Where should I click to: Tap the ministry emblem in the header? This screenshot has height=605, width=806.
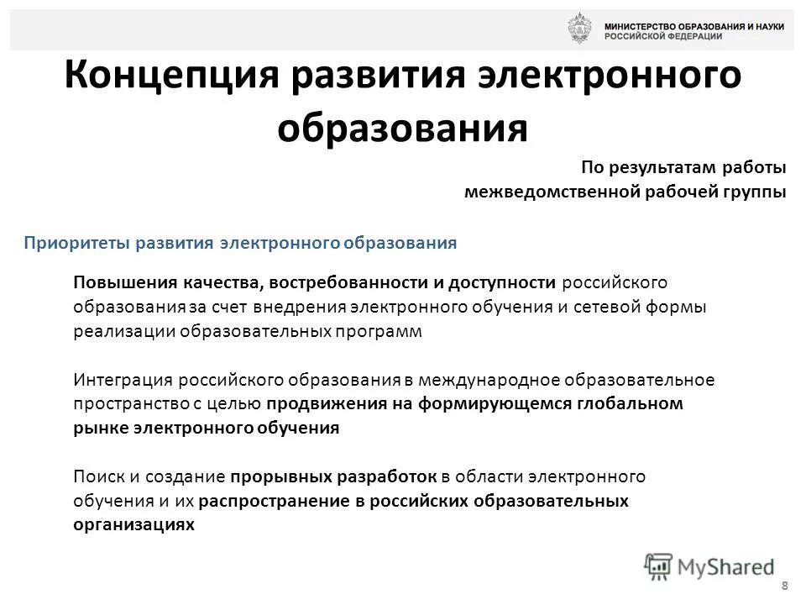(x=578, y=29)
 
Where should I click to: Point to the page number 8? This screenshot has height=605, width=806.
(x=784, y=586)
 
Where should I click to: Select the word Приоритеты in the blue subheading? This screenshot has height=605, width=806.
(x=71, y=243)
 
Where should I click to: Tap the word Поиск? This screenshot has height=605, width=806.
(x=95, y=477)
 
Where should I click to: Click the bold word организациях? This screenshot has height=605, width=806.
(x=134, y=524)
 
